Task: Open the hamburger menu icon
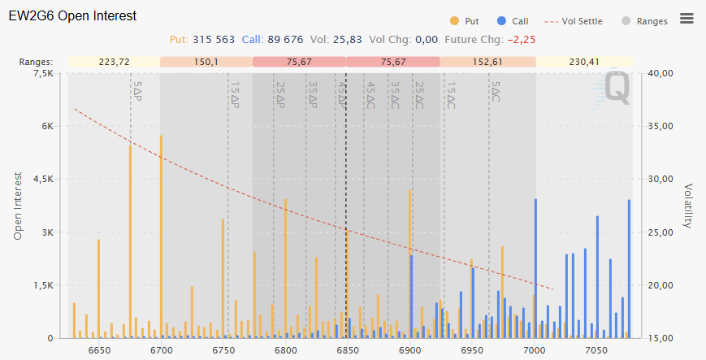pos(687,19)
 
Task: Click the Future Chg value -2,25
pos(521,39)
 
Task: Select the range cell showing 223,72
pos(114,62)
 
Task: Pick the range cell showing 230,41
pos(585,62)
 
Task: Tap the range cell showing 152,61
pos(487,62)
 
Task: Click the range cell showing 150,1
pos(206,62)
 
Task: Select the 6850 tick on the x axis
pos(347,350)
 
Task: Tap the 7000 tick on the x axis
pos(534,350)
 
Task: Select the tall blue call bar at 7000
pos(535,268)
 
